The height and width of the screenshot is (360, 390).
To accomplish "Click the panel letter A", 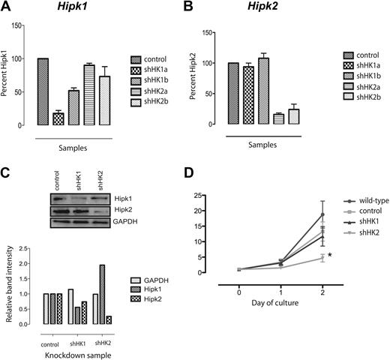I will click(9, 8).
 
